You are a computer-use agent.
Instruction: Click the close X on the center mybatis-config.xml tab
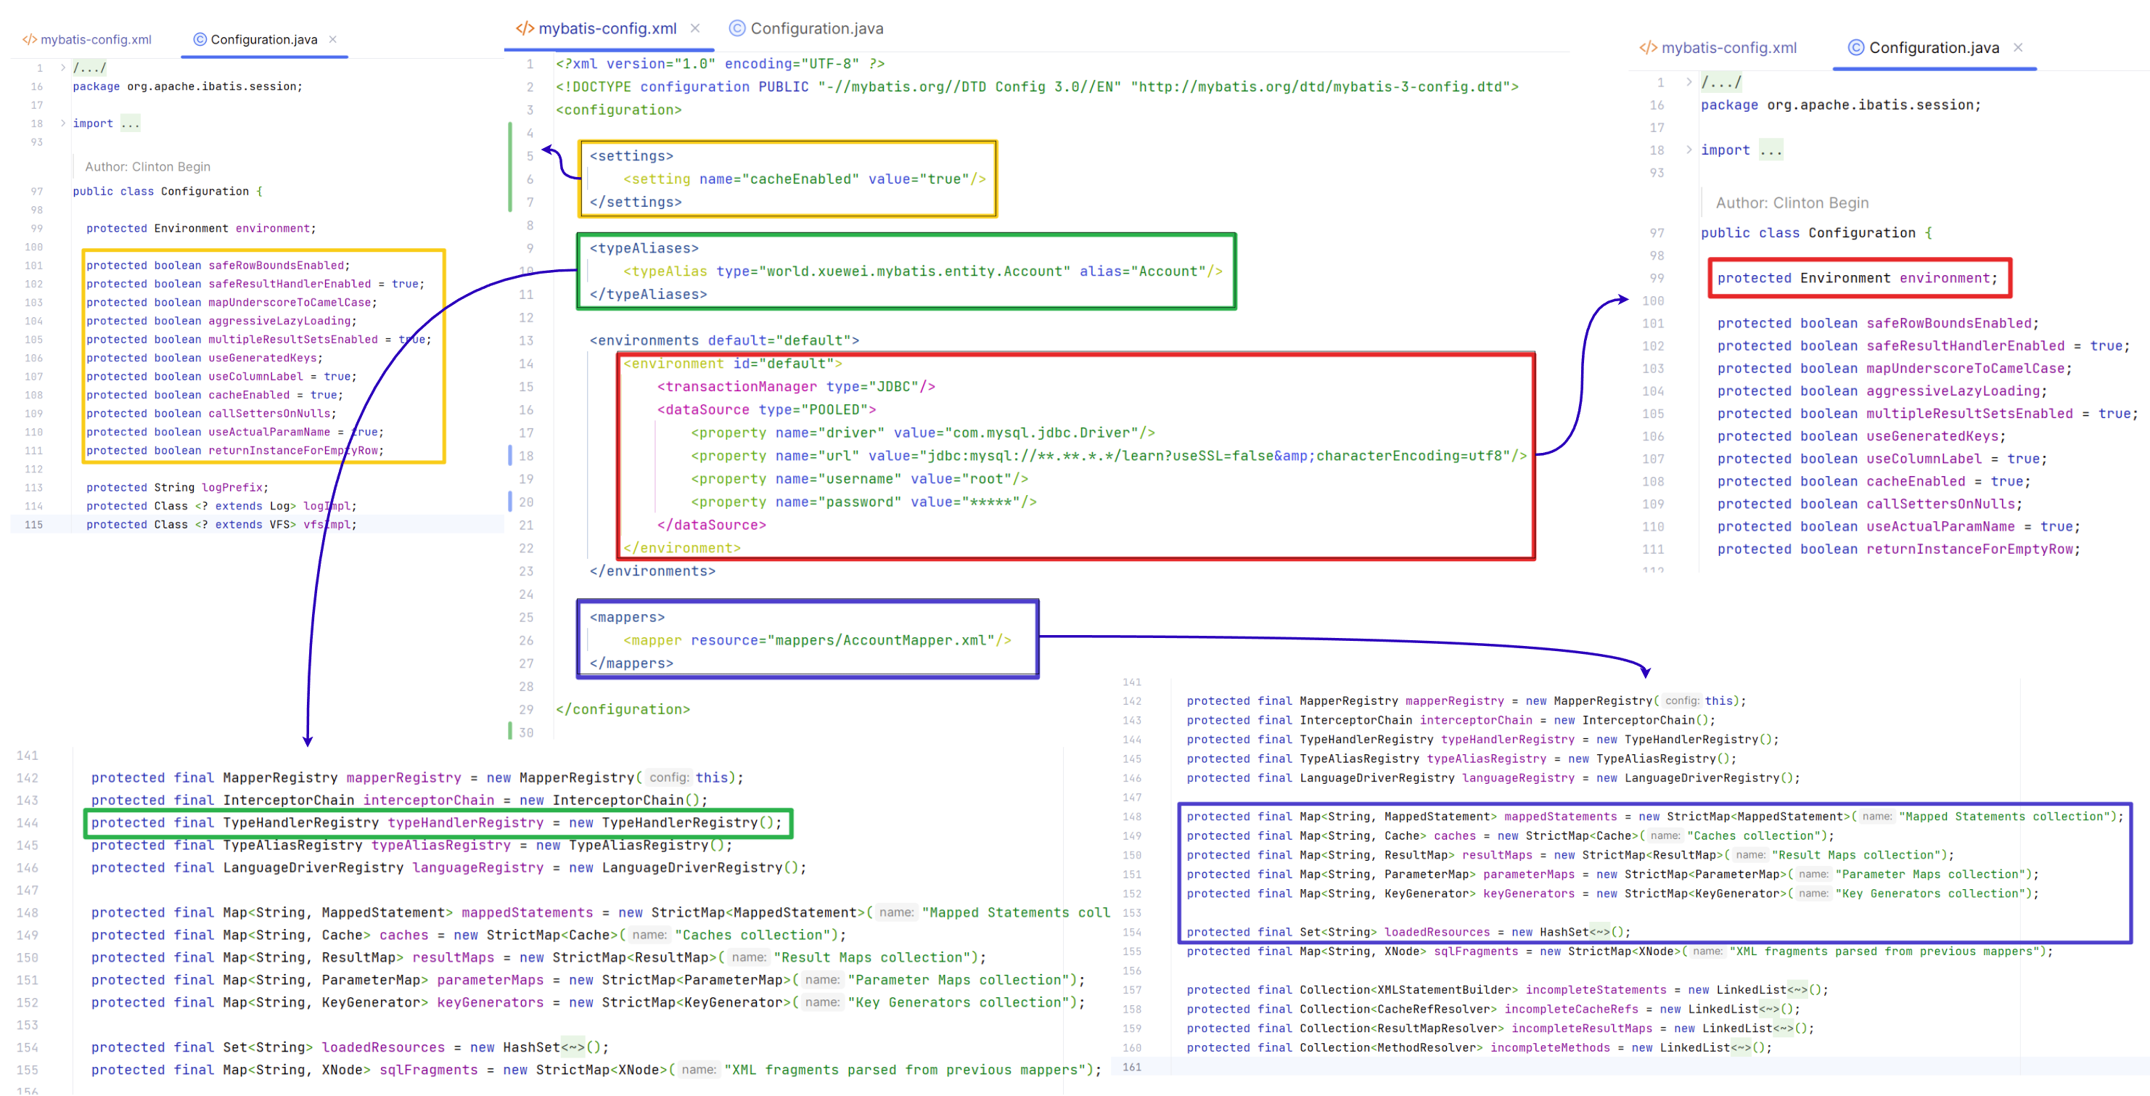tap(695, 28)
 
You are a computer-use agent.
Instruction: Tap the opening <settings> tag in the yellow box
tap(631, 156)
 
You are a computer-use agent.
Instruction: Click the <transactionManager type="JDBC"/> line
tap(796, 386)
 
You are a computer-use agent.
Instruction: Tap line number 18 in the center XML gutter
tap(526, 456)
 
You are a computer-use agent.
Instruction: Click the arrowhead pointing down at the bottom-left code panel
tap(308, 740)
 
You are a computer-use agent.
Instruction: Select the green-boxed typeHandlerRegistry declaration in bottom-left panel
tap(437, 822)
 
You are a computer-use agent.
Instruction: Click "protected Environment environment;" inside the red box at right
tap(1857, 278)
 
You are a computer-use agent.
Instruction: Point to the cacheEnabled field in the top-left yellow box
tap(249, 395)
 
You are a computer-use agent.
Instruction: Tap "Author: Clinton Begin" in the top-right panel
tap(1792, 203)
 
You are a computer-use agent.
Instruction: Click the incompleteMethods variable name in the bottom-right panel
tap(1550, 1047)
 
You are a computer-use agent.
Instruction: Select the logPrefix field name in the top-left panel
tap(231, 488)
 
